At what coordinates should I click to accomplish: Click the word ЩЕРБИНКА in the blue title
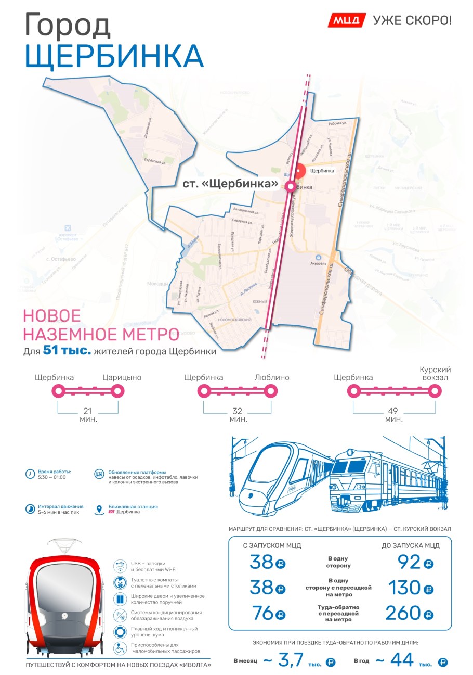[x=114, y=56]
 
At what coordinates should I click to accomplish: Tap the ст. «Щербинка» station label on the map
[x=230, y=184]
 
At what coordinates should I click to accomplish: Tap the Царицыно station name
[x=122, y=378]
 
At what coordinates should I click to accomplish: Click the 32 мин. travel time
[x=238, y=415]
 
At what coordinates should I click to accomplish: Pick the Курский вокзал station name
[x=435, y=374]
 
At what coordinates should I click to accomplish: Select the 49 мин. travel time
[x=394, y=415]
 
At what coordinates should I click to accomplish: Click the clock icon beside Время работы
[x=30, y=474]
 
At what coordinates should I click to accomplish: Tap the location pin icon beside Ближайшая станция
[x=99, y=510]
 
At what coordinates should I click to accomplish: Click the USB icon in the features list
[x=121, y=565]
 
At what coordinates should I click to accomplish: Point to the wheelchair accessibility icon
[x=121, y=648]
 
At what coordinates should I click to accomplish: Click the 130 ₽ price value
[x=411, y=588]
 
